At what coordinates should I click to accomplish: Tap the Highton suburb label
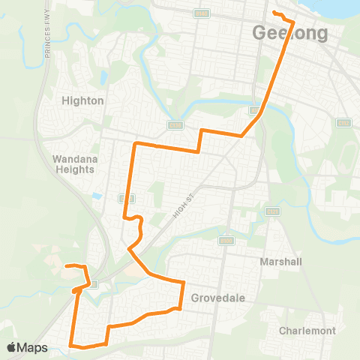(83, 100)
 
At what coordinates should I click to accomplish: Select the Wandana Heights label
(73, 163)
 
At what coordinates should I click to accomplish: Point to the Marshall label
(280, 262)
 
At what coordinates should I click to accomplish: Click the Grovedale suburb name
(218, 297)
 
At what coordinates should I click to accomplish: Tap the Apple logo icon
(12, 347)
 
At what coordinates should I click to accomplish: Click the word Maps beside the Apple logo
(33, 347)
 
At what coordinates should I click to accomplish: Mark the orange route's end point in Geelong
(274, 13)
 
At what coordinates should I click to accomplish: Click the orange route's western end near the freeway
(66, 265)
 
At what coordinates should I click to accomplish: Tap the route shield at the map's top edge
(201, 13)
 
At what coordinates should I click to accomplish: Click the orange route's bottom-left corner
(71, 345)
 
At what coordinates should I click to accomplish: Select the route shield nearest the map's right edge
(343, 122)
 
